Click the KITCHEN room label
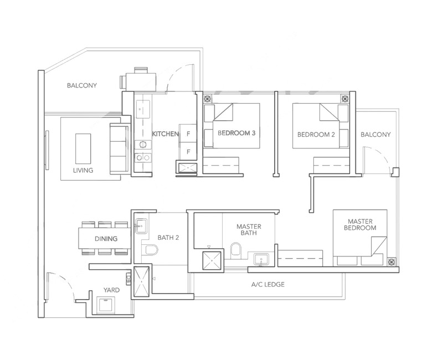166,134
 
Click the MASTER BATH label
248,230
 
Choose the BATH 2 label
169,238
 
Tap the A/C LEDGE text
268,285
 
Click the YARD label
112,290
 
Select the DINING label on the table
105,239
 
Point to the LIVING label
83,170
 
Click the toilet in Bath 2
146,252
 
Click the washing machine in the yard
105,305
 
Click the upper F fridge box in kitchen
188,134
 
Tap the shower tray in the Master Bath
210,259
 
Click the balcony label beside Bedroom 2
375,135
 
